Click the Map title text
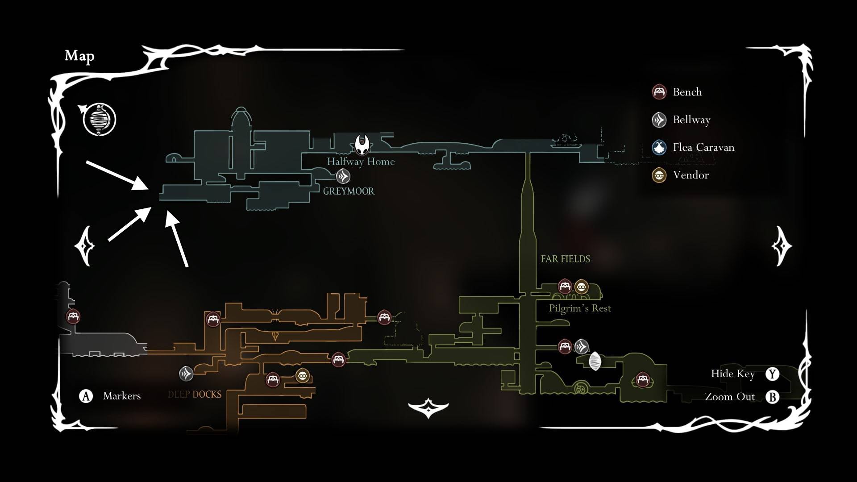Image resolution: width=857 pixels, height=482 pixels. point(79,56)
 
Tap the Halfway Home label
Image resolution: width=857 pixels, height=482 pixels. point(361,162)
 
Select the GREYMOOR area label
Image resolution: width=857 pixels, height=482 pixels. point(349,191)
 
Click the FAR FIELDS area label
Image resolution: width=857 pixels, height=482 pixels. point(565,259)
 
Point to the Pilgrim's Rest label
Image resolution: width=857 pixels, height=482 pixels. point(579,308)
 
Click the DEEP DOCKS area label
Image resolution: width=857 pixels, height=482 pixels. point(195,395)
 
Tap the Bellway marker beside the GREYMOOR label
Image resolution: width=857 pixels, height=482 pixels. point(343,177)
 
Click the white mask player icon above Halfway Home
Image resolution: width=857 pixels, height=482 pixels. point(362,144)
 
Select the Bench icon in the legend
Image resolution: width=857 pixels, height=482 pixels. point(659,92)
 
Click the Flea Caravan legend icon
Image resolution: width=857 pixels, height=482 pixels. point(659,147)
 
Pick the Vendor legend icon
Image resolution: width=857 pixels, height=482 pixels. point(659,175)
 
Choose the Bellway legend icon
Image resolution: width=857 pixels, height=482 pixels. point(659,120)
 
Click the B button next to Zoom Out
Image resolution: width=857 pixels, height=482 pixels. point(772,397)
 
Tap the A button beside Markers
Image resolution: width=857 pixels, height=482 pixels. point(86,396)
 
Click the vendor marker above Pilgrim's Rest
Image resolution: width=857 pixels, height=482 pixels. point(581,287)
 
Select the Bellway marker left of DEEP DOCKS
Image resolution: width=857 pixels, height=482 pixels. point(186,373)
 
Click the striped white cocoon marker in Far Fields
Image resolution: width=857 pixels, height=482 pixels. point(595,361)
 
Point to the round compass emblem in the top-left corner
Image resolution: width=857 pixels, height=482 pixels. point(99,120)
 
